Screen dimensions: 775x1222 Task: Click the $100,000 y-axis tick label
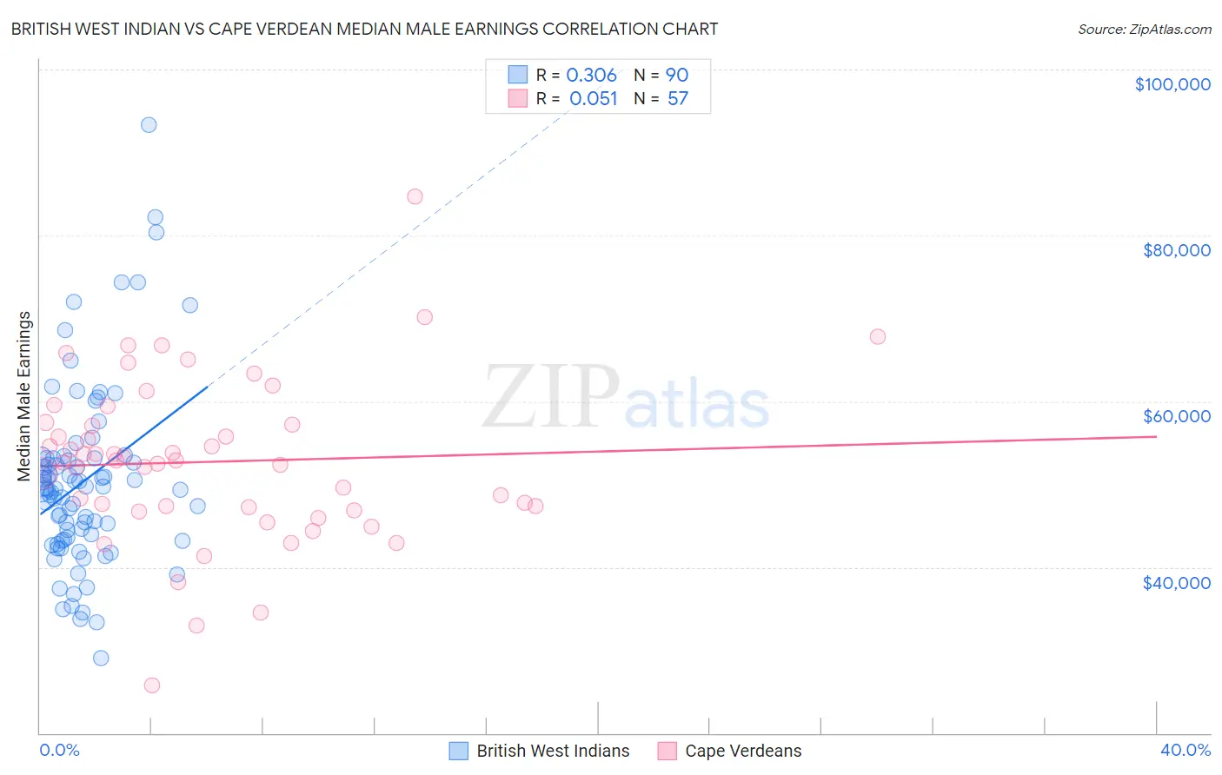(x=1172, y=84)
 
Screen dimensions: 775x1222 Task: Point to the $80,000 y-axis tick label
(x=1176, y=250)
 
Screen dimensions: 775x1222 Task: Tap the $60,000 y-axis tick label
(x=1176, y=416)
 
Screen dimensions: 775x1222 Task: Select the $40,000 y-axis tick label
(x=1176, y=582)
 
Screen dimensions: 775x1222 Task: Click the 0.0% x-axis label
(x=60, y=750)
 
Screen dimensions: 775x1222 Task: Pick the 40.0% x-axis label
(x=1185, y=750)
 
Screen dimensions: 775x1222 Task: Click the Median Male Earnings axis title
(x=24, y=396)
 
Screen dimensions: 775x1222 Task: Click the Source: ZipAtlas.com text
(x=1144, y=30)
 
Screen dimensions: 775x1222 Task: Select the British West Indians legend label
(x=553, y=751)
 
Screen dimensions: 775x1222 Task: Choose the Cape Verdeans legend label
(x=743, y=751)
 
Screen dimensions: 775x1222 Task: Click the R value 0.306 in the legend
(x=591, y=76)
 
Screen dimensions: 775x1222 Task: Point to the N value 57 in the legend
(x=678, y=99)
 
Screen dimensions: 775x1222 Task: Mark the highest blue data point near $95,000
(x=149, y=125)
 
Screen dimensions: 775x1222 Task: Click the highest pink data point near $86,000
(x=415, y=196)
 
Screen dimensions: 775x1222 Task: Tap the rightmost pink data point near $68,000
(x=877, y=336)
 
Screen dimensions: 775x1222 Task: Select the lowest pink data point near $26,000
(x=152, y=686)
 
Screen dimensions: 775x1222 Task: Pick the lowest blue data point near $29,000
(x=101, y=658)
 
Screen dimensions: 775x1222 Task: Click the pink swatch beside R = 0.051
(x=518, y=98)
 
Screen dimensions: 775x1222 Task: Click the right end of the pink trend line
(x=1156, y=436)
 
